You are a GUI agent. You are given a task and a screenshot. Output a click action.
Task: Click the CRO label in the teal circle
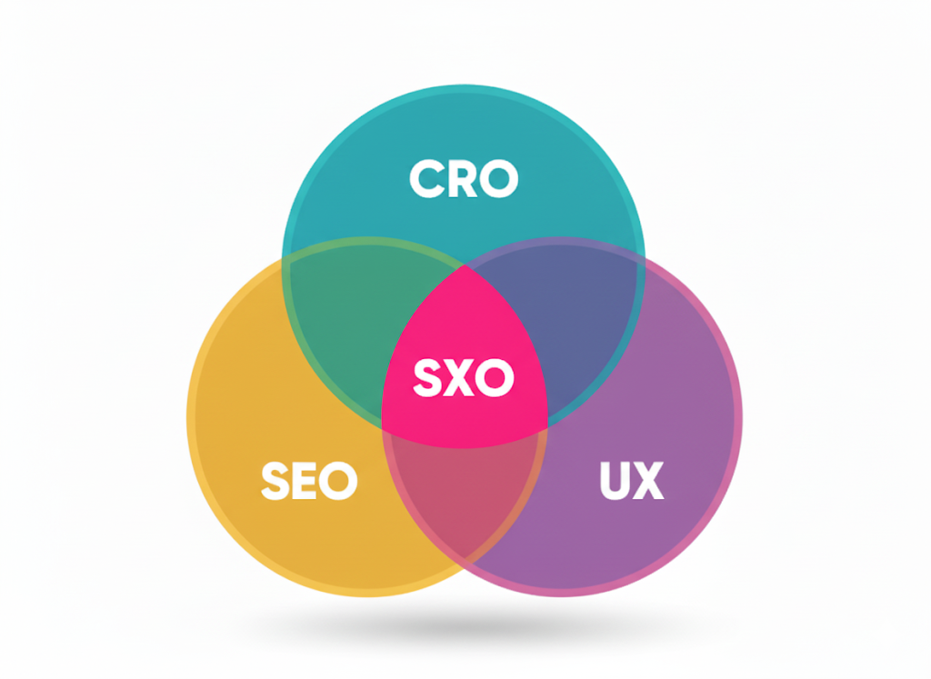coord(464,179)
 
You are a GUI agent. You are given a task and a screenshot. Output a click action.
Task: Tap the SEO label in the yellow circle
coord(309,481)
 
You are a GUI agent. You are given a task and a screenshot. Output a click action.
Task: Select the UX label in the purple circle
coord(632,481)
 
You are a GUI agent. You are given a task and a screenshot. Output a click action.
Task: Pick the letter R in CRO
coord(462,179)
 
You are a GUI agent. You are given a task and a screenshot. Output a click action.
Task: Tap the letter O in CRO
coord(498,179)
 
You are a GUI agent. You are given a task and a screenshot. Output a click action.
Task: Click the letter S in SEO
coord(276,481)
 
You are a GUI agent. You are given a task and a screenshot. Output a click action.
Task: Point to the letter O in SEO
coord(340,481)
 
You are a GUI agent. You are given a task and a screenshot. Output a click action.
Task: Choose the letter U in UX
coord(616,481)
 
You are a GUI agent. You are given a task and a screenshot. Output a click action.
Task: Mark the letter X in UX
coord(648,481)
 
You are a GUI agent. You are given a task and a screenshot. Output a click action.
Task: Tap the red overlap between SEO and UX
coord(464,500)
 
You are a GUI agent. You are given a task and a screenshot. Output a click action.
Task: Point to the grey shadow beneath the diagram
coord(464,626)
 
